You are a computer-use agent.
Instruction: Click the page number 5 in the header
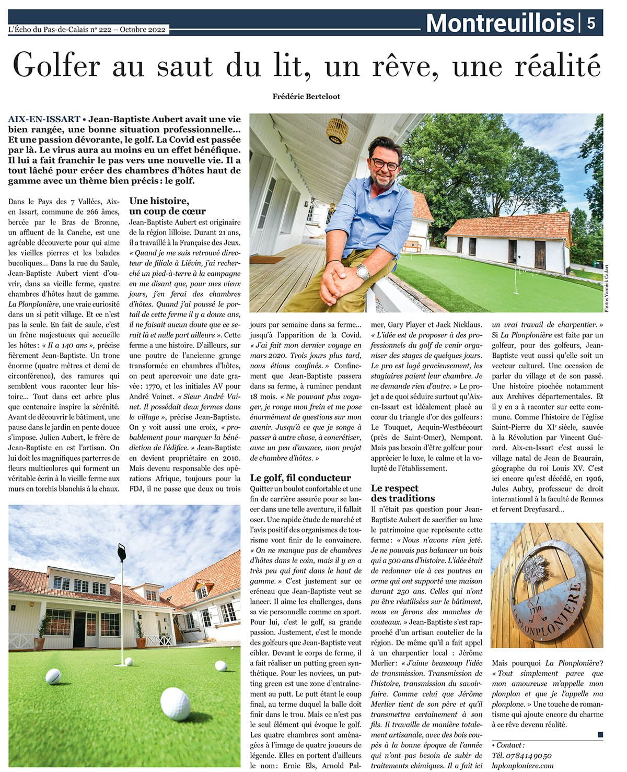point(590,24)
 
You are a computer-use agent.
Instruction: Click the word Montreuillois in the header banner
point(500,24)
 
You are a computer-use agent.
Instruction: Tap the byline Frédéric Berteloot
point(306,96)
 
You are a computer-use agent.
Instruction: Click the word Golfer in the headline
point(56,65)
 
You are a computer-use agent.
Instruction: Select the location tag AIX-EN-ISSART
point(44,119)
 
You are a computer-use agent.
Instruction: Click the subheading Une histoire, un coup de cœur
point(167,206)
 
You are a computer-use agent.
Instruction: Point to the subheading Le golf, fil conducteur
point(300,477)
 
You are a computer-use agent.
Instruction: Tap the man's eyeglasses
point(385,164)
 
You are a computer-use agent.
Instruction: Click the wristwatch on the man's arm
point(363,272)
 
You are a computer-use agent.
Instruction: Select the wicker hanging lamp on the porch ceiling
point(337,131)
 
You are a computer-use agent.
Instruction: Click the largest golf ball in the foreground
point(175,703)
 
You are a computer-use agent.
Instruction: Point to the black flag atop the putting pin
point(122,552)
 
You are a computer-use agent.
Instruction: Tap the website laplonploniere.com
point(522,765)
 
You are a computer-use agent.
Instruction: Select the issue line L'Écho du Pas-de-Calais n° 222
point(87,30)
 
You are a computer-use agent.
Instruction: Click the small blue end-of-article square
point(600,734)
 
